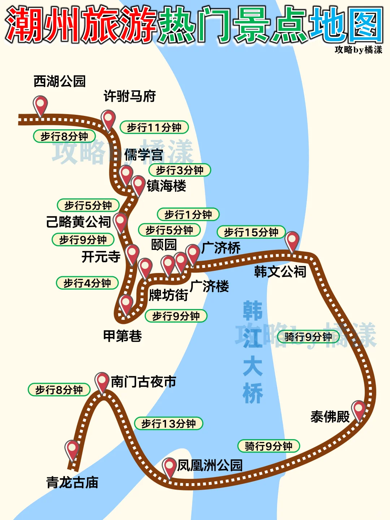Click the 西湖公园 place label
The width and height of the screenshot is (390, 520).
tap(60, 81)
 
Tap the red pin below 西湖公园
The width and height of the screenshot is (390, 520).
tap(40, 105)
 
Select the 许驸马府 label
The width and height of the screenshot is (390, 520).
tap(130, 96)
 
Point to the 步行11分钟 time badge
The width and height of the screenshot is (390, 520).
tap(154, 127)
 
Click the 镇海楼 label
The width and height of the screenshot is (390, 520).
tap(166, 186)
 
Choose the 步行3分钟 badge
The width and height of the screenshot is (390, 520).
tap(179, 170)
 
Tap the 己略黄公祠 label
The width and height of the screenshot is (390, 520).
tap(78, 222)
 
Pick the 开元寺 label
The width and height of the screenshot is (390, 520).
tap(101, 257)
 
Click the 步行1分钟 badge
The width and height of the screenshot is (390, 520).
tap(188, 214)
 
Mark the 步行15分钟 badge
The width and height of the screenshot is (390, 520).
tap(251, 232)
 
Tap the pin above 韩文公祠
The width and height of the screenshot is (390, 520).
tap(292, 240)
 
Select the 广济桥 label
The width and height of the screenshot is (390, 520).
tap(221, 248)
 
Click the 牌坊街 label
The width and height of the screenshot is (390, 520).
tap(168, 295)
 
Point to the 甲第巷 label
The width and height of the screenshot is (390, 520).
tap(122, 336)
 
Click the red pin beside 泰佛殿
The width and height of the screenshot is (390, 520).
tap(359, 409)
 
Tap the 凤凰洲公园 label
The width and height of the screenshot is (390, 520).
tap(210, 465)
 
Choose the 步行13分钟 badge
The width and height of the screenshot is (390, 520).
tap(169, 423)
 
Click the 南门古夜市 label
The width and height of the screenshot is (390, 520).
tap(143, 382)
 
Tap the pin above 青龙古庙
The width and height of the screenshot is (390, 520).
tap(72, 449)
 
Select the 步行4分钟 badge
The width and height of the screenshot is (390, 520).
tap(87, 283)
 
